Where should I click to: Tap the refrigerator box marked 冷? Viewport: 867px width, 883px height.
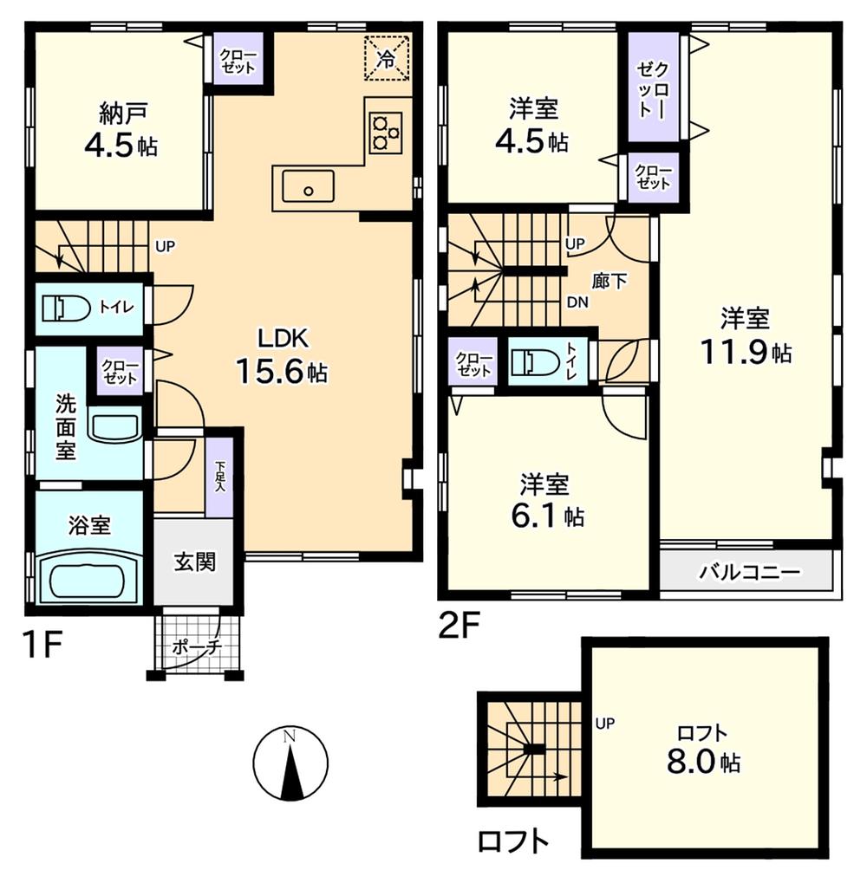(x=386, y=58)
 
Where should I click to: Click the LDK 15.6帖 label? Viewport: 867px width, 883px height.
(x=280, y=356)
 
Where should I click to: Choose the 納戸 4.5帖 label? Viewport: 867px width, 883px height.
(x=120, y=130)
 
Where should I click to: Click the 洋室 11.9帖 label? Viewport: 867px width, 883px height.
(x=745, y=336)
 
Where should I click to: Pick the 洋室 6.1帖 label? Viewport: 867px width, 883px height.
(x=544, y=500)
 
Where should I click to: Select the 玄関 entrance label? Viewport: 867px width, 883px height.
(x=193, y=562)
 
